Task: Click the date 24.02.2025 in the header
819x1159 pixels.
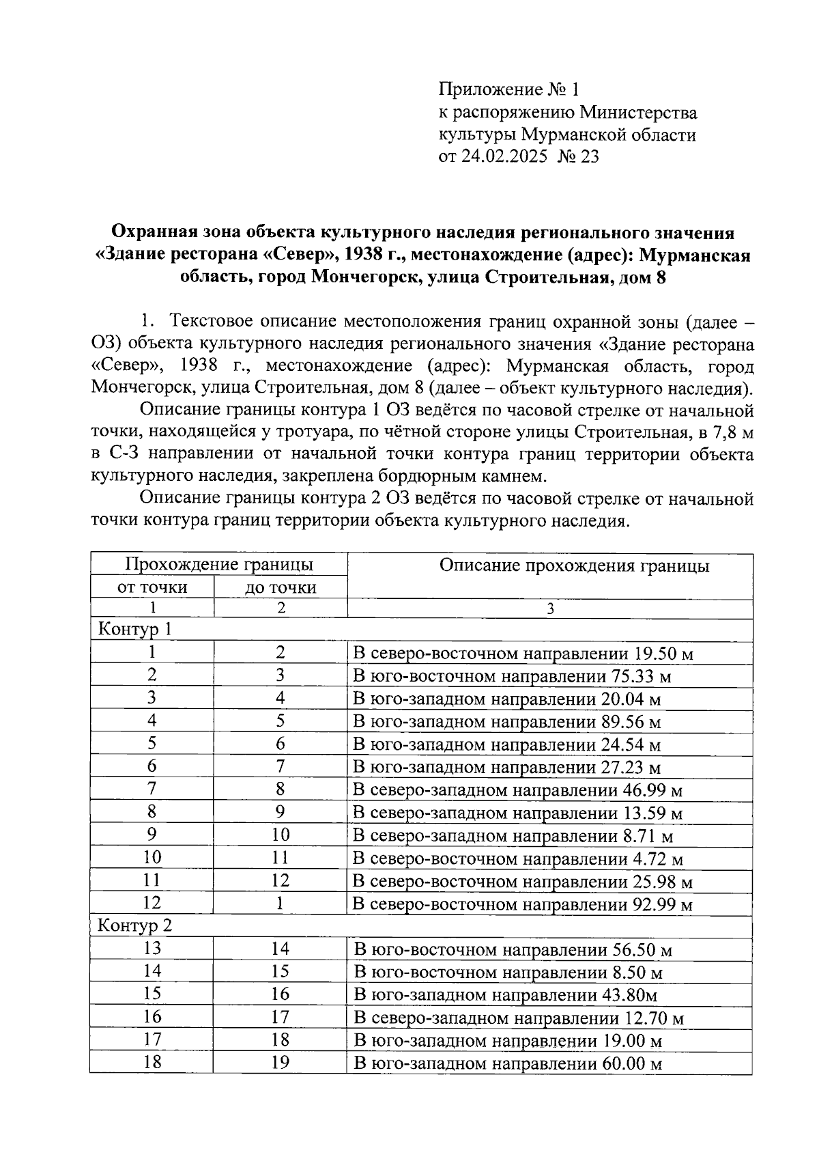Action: coord(504,157)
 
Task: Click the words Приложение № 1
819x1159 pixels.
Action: coord(508,89)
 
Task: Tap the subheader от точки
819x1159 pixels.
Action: coord(152,587)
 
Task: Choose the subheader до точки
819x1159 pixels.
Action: coord(281,587)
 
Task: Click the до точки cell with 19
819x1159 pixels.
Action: coord(280,1062)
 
